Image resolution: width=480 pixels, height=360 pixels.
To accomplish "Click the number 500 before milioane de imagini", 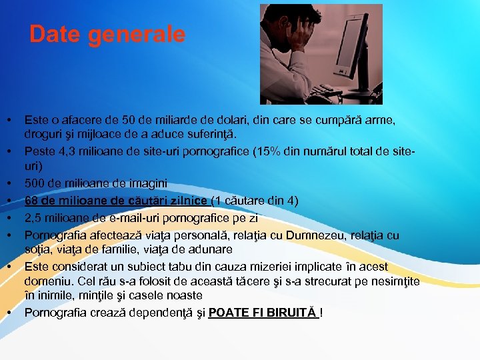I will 35,183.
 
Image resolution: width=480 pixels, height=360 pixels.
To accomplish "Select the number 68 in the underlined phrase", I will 31,201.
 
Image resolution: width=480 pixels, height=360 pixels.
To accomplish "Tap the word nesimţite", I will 395,281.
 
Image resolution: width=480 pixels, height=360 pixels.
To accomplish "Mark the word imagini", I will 148,183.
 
